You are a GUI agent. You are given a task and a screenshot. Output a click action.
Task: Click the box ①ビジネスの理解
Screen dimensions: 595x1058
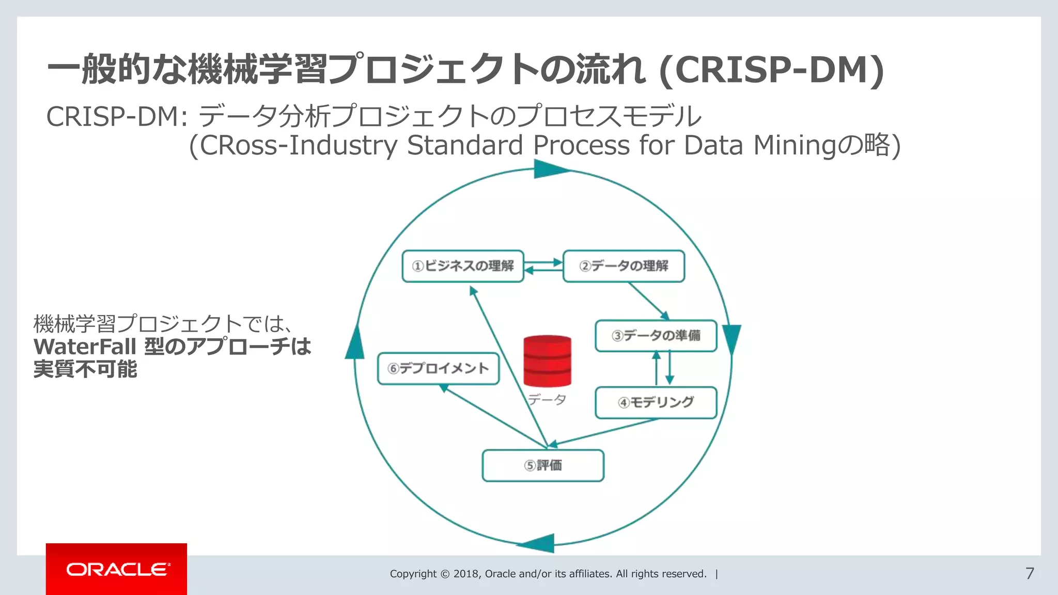(x=463, y=266)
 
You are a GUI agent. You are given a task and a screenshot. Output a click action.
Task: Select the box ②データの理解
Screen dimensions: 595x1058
(x=624, y=266)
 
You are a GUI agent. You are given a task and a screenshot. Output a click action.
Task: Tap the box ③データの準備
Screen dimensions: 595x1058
(x=656, y=336)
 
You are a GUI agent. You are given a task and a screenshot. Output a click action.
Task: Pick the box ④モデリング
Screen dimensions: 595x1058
(x=656, y=402)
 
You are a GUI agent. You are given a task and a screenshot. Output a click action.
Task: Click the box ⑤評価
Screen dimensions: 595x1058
(x=542, y=465)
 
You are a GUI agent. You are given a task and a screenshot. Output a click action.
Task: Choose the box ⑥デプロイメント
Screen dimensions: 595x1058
(x=438, y=368)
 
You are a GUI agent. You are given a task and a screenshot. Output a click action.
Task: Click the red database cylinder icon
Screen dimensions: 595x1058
(x=547, y=361)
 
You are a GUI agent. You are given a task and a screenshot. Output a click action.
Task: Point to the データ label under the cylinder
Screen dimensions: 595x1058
(x=547, y=399)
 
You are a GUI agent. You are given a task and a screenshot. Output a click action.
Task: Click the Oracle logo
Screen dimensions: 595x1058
(x=117, y=569)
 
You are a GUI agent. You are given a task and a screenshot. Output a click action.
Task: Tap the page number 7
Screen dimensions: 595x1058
(x=1030, y=573)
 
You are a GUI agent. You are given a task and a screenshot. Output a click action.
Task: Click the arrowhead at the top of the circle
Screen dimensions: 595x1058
(x=550, y=169)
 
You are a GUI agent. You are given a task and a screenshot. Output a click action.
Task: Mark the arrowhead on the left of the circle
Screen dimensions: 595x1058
(x=354, y=343)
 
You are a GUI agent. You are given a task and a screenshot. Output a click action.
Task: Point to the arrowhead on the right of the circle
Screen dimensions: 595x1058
(x=732, y=339)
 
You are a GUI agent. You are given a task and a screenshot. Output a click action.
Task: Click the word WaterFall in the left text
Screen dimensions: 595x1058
(x=85, y=347)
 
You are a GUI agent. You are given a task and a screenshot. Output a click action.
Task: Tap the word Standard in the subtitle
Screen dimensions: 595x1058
(x=465, y=145)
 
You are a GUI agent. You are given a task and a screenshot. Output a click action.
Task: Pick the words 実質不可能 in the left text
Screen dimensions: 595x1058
(x=85, y=369)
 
